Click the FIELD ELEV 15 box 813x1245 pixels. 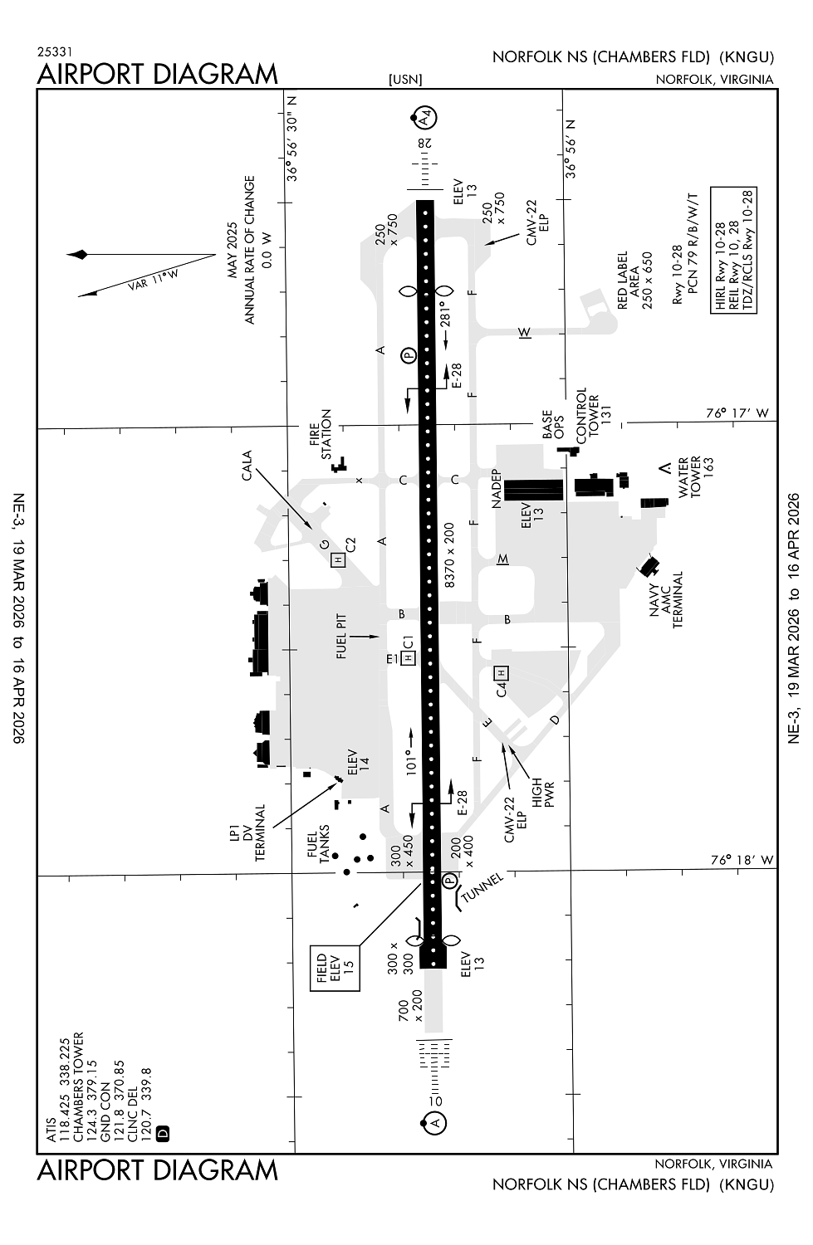point(335,968)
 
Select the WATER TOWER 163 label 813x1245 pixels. point(694,477)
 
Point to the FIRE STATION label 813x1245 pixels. point(321,433)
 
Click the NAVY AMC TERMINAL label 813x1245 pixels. point(666,599)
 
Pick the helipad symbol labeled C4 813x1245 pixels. point(501,672)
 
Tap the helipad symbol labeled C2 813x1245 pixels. point(337,559)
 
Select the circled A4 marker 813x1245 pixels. point(425,119)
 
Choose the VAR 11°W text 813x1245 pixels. point(154,280)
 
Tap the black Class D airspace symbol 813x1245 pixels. point(163,1132)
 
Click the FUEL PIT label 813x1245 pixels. point(341,637)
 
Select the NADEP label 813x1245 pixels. point(497,489)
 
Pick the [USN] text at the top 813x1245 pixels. point(405,80)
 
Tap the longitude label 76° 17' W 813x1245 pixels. point(737,413)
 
